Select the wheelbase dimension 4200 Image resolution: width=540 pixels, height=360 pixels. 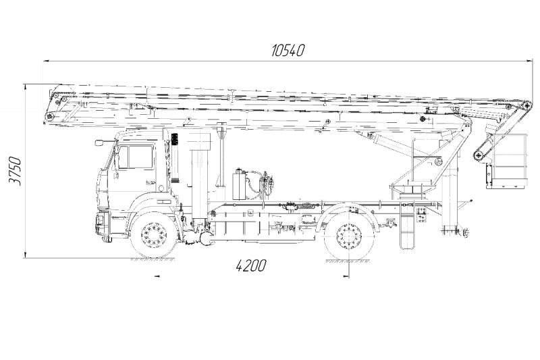click(x=251, y=265)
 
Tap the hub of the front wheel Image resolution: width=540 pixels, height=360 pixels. click(x=155, y=236)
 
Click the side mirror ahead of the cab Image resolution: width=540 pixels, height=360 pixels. click(x=100, y=143)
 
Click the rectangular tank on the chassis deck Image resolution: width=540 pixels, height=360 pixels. click(x=238, y=185)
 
